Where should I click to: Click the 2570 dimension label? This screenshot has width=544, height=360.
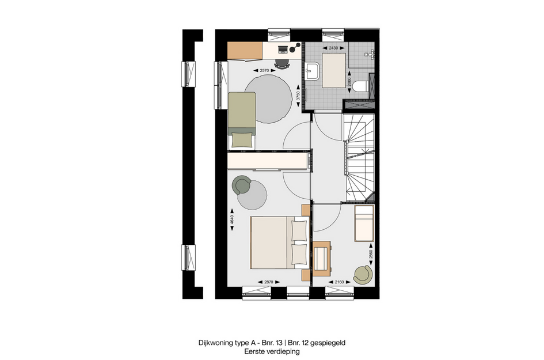coord(264,70)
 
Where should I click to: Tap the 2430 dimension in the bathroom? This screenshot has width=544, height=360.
coord(332,49)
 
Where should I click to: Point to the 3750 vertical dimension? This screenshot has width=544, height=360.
coord(298,96)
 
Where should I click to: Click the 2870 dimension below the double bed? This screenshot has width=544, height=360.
coord(264,282)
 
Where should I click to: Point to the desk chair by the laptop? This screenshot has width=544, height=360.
coord(281,63)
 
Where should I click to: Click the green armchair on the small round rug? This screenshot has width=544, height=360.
coord(241,185)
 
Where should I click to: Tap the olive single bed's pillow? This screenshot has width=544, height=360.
coord(241,139)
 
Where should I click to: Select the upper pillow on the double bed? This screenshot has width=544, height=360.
coord(299,231)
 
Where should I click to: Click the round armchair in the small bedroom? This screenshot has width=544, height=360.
coord(363,274)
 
